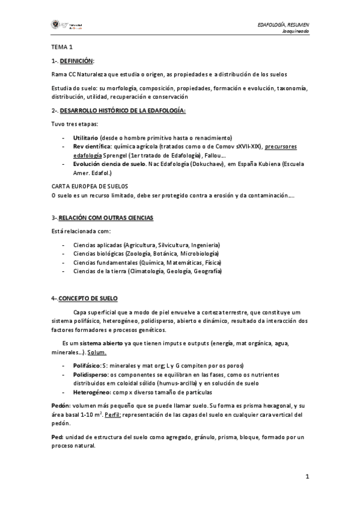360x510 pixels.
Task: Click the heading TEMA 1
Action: pos(61,47)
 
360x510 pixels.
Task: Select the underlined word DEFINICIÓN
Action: pos(77,61)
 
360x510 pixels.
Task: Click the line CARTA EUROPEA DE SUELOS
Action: pos(90,187)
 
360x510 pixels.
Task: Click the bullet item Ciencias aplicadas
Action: pos(97,245)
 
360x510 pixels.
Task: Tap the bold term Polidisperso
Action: pos(90,374)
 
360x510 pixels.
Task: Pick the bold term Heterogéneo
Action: pos(91,392)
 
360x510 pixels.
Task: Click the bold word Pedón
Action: pos(61,405)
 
